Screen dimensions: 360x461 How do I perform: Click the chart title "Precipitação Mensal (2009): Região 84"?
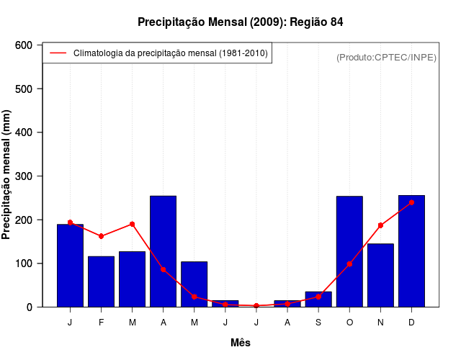pos(241,22)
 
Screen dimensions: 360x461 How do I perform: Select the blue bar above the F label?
pos(102,282)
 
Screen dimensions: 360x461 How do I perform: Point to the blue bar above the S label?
pos(318,299)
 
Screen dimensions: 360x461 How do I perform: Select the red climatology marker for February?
pos(102,236)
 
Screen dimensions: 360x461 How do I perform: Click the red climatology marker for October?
pos(349,264)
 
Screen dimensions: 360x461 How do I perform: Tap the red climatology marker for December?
pos(411,202)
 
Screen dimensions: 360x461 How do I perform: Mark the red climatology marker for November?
pos(380,225)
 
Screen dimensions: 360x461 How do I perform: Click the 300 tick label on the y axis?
pos(24,176)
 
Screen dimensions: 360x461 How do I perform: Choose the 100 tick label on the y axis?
pos(24,264)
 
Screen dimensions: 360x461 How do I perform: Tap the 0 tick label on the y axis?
pos(30,307)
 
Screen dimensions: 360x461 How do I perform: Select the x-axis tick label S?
pos(318,323)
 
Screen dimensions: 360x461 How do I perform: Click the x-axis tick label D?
pos(411,323)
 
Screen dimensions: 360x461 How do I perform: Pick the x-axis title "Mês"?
pos(241,343)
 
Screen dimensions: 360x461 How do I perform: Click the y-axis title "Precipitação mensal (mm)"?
pos(7,176)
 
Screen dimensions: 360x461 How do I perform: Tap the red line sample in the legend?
pos(58,53)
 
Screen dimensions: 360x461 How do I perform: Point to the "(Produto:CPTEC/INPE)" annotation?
pos(387,57)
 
